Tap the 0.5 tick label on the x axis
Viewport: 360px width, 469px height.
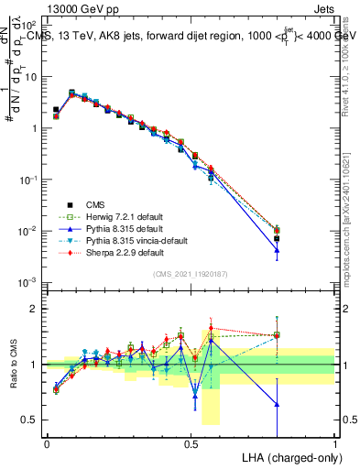point(191,444)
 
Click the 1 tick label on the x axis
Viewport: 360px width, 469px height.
point(334,444)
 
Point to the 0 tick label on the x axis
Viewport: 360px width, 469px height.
point(47,444)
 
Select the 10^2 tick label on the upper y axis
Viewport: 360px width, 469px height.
point(29,27)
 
